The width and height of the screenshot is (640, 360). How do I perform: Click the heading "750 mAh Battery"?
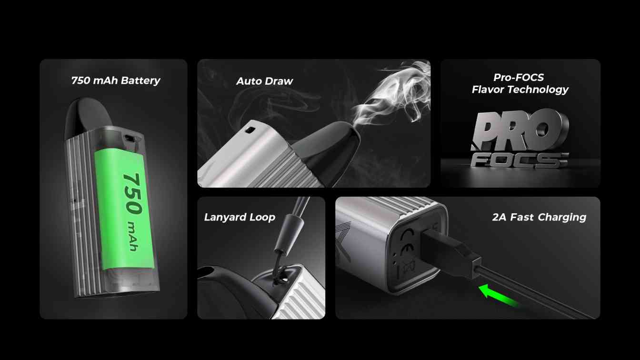tap(116, 80)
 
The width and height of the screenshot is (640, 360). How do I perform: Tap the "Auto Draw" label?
tap(265, 81)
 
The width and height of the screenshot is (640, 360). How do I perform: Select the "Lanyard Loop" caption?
tap(240, 217)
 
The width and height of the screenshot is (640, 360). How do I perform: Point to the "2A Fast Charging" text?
tap(539, 217)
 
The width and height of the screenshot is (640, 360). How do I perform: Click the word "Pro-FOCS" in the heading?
tap(519, 77)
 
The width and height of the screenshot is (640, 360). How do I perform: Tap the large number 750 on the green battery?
tap(132, 194)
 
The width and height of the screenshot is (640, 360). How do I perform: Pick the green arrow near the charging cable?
tap(498, 295)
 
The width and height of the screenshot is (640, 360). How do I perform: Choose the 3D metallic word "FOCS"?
tap(519, 160)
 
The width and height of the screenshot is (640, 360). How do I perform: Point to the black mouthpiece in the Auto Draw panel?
tap(329, 151)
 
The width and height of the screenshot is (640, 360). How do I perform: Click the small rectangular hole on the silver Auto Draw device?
tap(250, 130)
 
